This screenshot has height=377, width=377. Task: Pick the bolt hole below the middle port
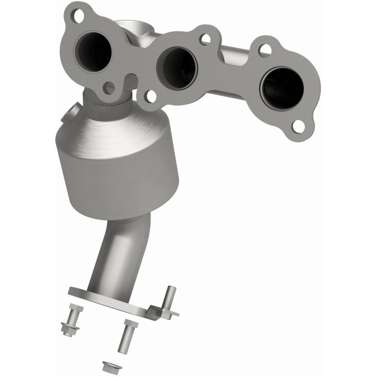point(150,97)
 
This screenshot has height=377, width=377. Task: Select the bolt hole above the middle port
point(204,39)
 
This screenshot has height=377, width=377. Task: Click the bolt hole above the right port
point(265,49)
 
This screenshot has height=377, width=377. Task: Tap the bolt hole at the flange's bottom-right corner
point(298,125)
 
